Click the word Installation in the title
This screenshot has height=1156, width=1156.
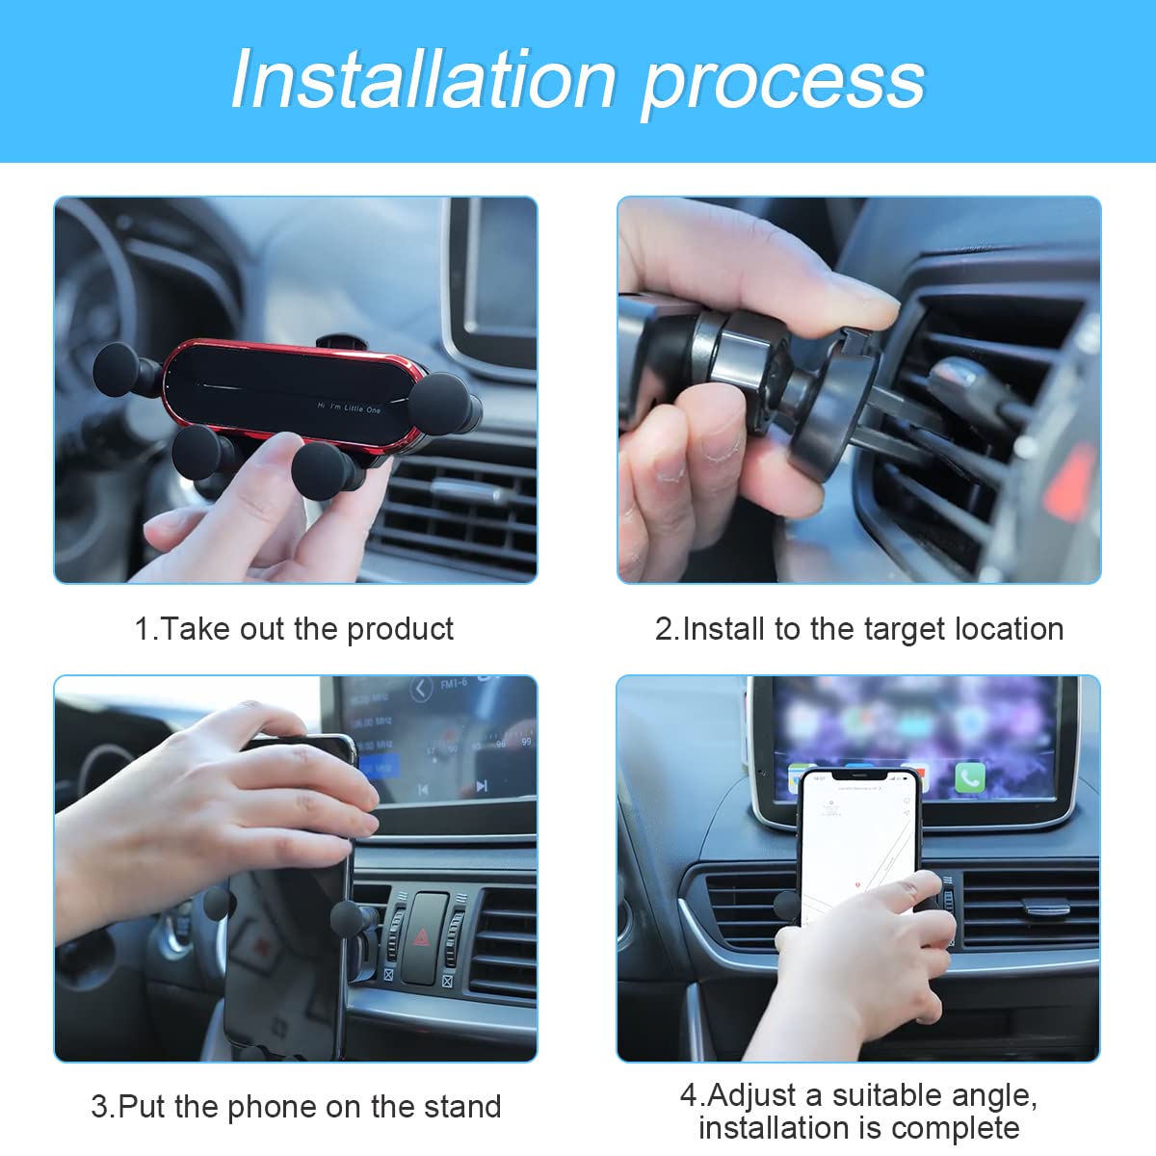(423, 80)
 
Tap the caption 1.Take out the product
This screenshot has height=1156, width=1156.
(294, 629)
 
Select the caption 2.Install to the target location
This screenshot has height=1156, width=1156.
(859, 629)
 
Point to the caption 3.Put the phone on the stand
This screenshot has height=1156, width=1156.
(296, 1107)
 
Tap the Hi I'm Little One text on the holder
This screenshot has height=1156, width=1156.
(349, 408)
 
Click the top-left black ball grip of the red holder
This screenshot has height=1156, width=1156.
(118, 369)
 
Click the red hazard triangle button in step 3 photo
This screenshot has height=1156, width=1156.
(424, 935)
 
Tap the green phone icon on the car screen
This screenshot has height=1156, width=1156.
(969, 777)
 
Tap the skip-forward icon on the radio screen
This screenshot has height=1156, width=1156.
(482, 786)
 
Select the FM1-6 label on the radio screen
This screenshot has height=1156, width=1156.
(454, 684)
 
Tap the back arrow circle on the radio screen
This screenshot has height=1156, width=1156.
(421, 689)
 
